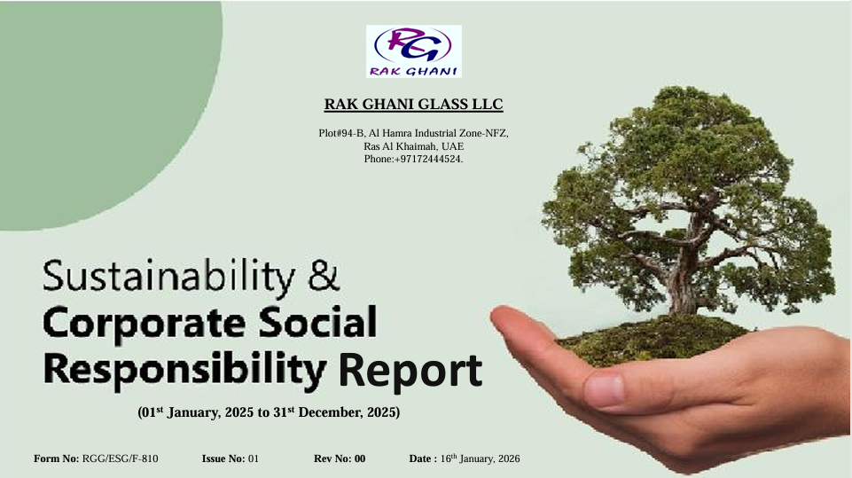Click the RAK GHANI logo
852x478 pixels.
point(413,51)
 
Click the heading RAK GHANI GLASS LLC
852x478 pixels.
point(413,104)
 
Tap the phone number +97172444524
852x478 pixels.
point(427,159)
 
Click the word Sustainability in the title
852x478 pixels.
point(169,277)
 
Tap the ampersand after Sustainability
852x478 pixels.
point(324,275)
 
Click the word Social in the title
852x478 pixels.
point(317,321)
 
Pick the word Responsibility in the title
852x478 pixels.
point(184,369)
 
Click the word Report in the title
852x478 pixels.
point(410,371)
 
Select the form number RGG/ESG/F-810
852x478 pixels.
point(120,458)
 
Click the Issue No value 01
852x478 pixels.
point(254,458)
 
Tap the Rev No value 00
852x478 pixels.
point(360,458)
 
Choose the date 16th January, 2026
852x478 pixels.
point(480,458)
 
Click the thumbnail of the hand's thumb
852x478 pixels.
point(605,390)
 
